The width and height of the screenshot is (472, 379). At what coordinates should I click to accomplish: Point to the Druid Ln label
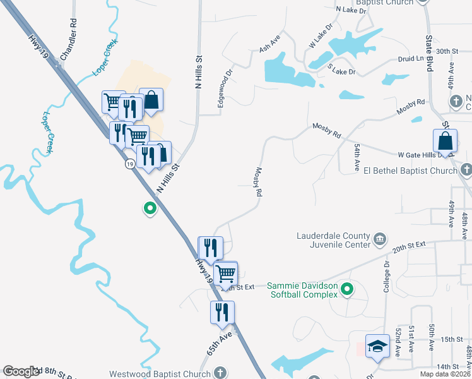pos(411,59)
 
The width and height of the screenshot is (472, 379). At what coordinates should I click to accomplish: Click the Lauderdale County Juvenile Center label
pos(334,241)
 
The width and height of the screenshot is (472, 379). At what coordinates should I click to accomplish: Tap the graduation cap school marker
pos(377,346)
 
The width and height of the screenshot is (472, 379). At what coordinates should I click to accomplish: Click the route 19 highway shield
pos(129,164)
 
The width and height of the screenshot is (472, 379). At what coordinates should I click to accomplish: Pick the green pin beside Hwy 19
pos(150,207)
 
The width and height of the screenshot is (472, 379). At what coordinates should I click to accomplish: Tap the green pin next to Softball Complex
pos(346,290)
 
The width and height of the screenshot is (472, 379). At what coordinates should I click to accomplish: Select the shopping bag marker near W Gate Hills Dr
pos(445,141)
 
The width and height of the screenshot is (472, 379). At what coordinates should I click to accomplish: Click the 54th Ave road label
pos(357,155)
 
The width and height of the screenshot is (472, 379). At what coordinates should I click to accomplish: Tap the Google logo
pos(21,371)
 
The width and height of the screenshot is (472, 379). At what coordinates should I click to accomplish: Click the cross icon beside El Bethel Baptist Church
pos(466,170)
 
